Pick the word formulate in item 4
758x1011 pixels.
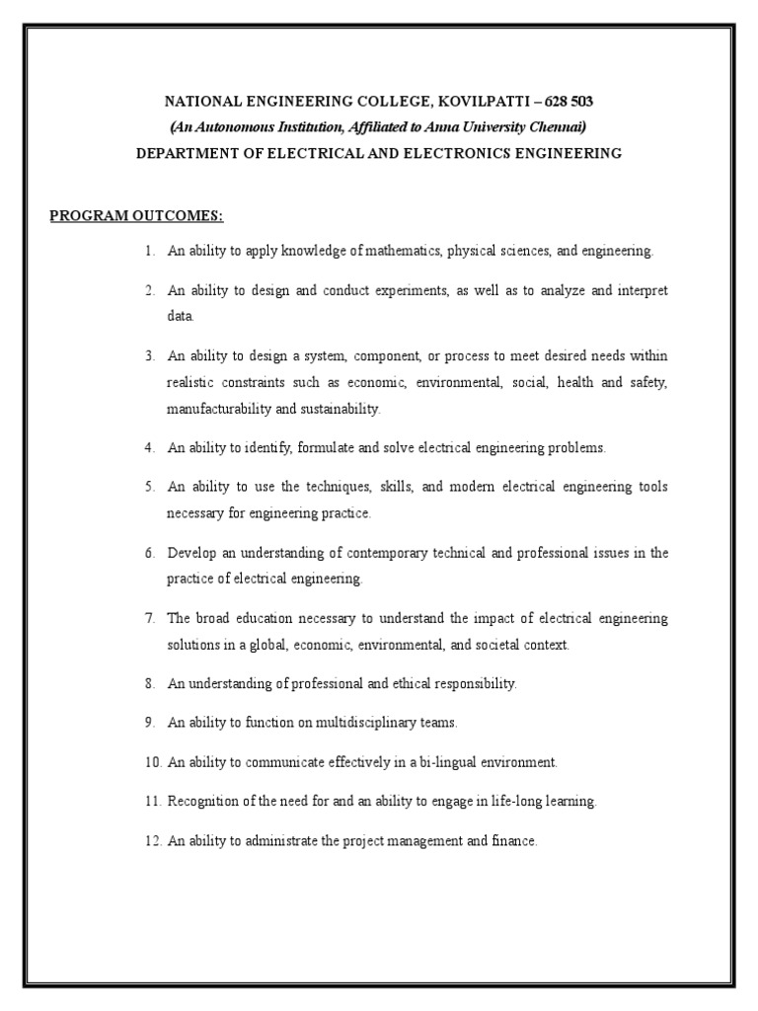click(330, 447)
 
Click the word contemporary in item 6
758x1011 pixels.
click(359, 553)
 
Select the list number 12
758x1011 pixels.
click(150, 841)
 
